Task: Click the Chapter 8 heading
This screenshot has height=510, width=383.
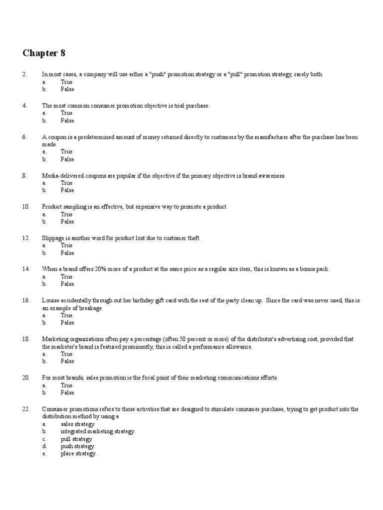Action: pyautogui.click(x=44, y=53)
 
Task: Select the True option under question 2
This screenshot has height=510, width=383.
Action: pyautogui.click(x=66, y=82)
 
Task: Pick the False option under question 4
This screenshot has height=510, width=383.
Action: pyautogui.click(x=67, y=121)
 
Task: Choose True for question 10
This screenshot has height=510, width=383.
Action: pyautogui.click(x=66, y=214)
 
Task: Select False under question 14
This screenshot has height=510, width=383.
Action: pyautogui.click(x=67, y=284)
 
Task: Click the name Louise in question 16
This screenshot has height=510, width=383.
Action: pyautogui.click(x=51, y=300)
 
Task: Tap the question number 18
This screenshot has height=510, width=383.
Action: pyautogui.click(x=26, y=339)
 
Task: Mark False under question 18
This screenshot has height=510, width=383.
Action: pyautogui.click(x=67, y=361)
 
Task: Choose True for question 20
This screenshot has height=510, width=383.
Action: pyautogui.click(x=66, y=385)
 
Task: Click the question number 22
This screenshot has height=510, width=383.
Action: pyautogui.click(x=26, y=408)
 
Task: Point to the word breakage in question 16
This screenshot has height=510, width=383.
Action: pyautogui.click(x=90, y=308)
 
